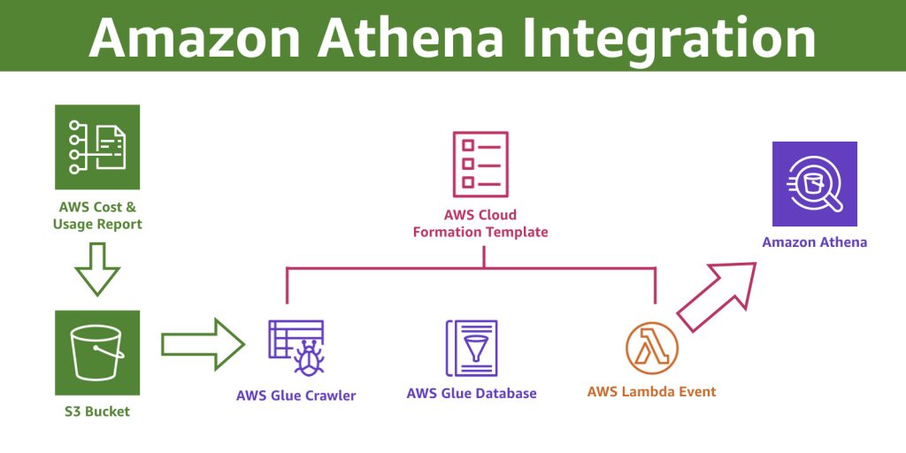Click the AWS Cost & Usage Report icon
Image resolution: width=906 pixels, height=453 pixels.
click(x=97, y=147)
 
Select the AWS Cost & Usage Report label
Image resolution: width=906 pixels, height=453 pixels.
click(x=97, y=216)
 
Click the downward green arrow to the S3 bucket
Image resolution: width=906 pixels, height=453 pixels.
click(x=97, y=268)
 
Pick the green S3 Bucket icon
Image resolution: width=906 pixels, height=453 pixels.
click(x=97, y=351)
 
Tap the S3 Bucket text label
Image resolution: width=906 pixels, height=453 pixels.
click(x=97, y=411)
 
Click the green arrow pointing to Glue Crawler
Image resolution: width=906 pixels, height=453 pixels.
click(x=202, y=343)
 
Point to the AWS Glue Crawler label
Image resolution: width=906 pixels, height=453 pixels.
click(x=296, y=395)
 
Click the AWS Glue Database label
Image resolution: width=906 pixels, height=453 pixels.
click(x=472, y=393)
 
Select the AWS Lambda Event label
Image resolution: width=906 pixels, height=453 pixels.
click(x=651, y=391)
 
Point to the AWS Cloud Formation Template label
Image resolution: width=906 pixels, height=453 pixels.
click(x=483, y=223)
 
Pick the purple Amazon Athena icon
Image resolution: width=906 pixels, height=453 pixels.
click(x=815, y=184)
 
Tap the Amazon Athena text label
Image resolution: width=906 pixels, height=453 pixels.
click(x=815, y=242)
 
